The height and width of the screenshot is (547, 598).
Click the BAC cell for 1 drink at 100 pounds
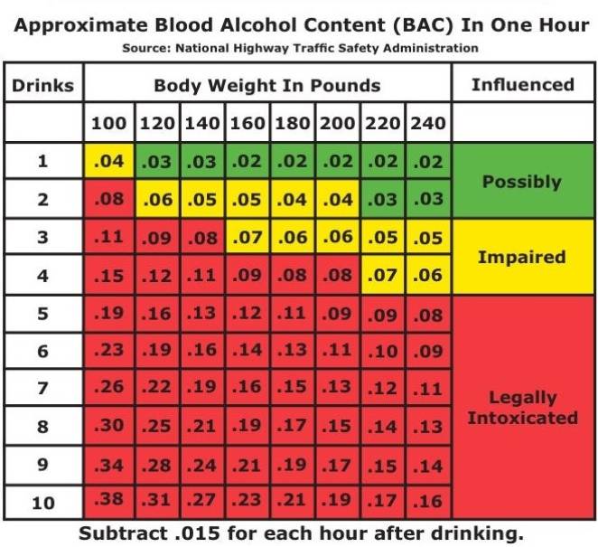[108, 162]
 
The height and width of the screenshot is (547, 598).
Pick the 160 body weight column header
[248, 123]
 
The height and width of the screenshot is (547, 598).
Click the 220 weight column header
[383, 123]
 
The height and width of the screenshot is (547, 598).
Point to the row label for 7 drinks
[43, 389]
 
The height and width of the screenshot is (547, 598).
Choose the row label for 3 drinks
[43, 238]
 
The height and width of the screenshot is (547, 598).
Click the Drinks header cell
[43, 86]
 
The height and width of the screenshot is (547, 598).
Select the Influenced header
[523, 85]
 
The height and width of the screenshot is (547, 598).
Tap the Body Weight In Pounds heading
[267, 86]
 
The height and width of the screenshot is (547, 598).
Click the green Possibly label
[522, 181]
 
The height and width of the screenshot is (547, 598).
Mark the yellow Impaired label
[522, 257]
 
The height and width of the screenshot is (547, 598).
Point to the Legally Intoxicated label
[522, 408]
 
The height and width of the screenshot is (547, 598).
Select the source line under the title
[300, 48]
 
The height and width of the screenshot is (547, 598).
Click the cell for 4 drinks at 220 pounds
[383, 275]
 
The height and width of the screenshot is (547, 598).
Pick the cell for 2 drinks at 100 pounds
[108, 199]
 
